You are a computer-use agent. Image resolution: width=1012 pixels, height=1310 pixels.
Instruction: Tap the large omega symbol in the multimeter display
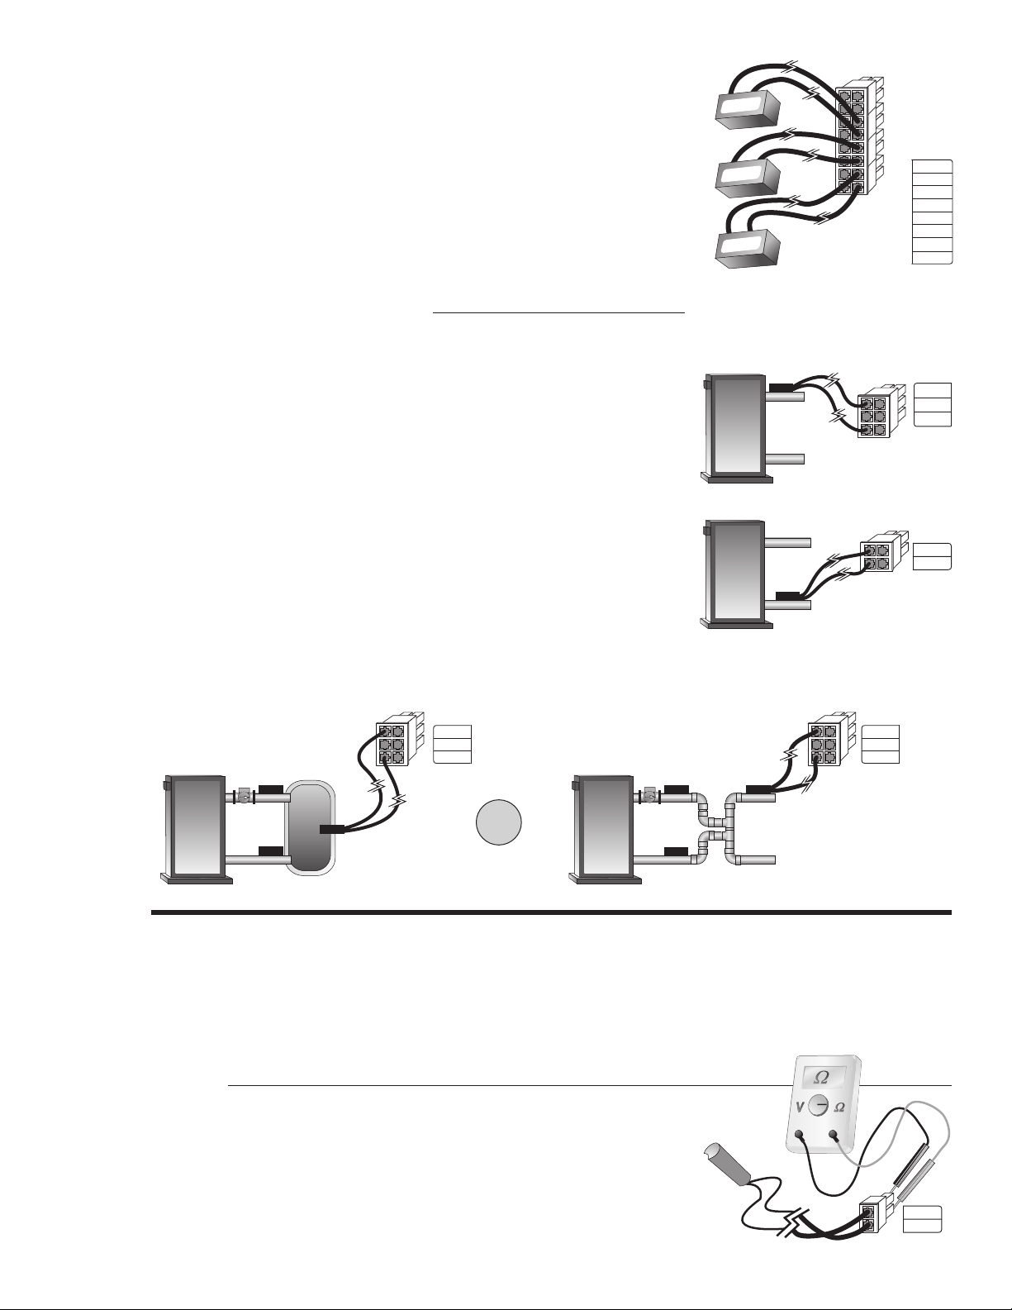821,1076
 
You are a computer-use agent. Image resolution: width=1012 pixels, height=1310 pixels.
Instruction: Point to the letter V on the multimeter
796,1106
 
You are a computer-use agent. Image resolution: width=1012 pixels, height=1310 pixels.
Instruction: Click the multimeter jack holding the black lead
799,1136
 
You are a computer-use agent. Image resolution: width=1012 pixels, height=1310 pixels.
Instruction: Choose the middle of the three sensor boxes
748,175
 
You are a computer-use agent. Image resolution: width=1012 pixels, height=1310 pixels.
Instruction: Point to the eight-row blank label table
933,212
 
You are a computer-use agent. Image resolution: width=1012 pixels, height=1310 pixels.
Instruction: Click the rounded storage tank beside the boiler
310,827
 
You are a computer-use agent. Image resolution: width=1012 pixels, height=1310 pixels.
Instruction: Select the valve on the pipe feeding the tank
244,798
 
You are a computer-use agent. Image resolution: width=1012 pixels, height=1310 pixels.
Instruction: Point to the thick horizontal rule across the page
552,913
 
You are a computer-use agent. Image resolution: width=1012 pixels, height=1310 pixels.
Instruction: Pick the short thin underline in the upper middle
559,314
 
